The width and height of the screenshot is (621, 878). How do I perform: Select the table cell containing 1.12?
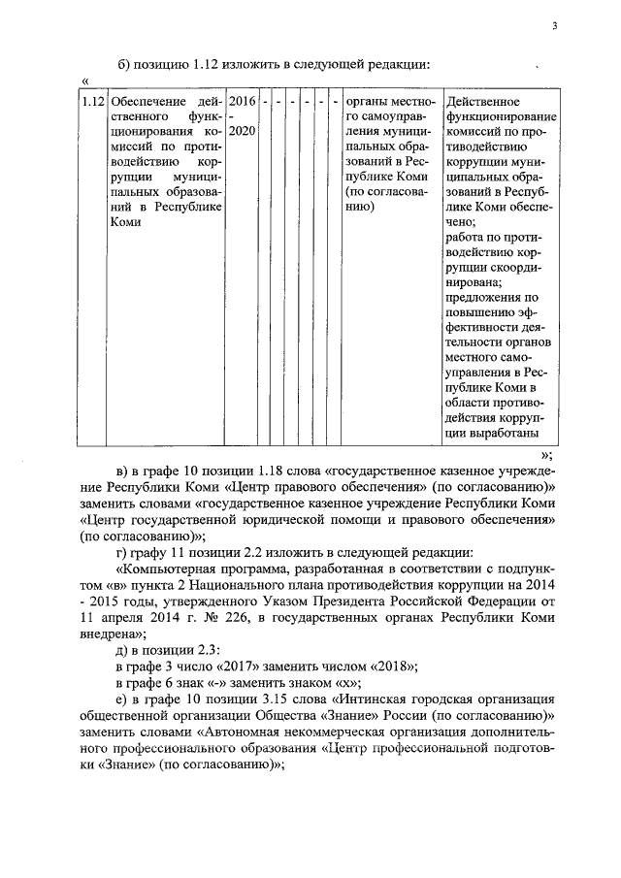93,102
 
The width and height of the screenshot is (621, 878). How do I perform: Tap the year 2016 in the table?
243,102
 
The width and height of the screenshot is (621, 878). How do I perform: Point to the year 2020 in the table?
243,130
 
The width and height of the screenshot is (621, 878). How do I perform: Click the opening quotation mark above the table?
86,81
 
